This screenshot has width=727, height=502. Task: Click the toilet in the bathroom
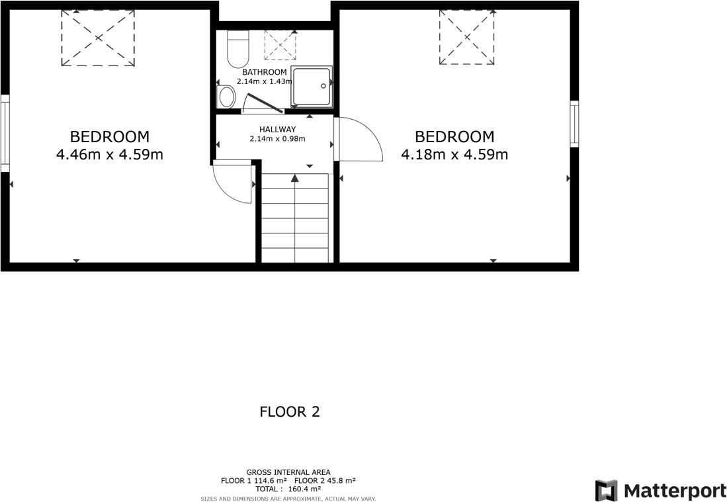(237, 49)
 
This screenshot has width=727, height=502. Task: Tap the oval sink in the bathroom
(226, 97)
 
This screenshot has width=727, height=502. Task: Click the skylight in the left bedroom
(98, 38)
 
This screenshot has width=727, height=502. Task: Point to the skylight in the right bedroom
(467, 37)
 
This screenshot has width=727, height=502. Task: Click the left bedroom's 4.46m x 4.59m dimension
(110, 155)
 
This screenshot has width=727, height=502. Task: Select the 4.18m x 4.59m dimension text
(454, 155)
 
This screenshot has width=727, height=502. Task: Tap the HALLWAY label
(277, 130)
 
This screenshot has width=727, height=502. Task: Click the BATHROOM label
(265, 72)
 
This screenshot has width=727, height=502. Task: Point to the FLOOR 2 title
(290, 412)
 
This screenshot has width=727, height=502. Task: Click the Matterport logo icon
(606, 491)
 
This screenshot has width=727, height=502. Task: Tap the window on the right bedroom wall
(574, 124)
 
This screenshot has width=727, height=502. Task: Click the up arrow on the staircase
(294, 177)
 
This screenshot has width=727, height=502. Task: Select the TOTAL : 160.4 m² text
(288, 489)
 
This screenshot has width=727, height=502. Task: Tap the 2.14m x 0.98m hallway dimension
(277, 139)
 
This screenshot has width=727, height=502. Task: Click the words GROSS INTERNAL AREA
(288, 472)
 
